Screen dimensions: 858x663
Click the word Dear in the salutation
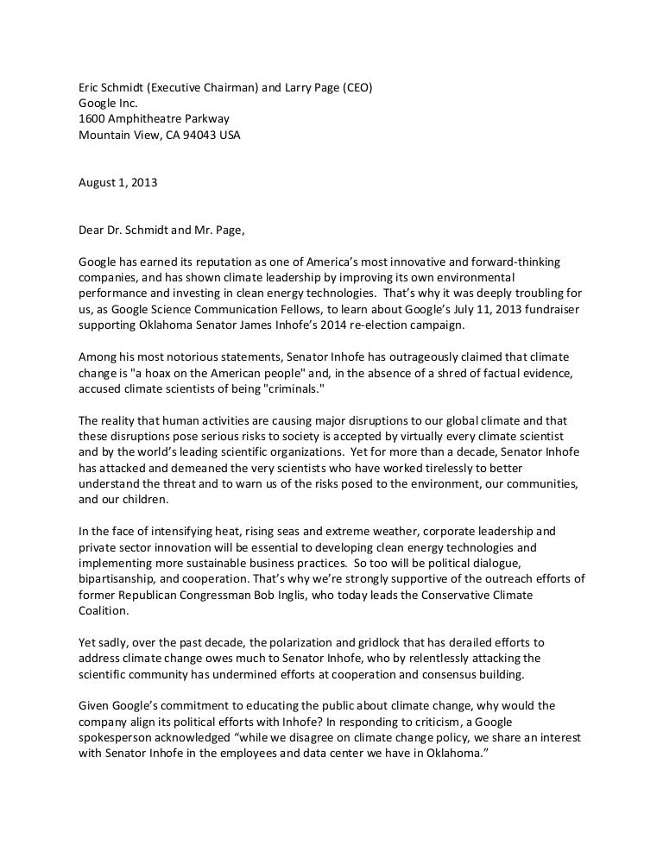[x=92, y=230]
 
